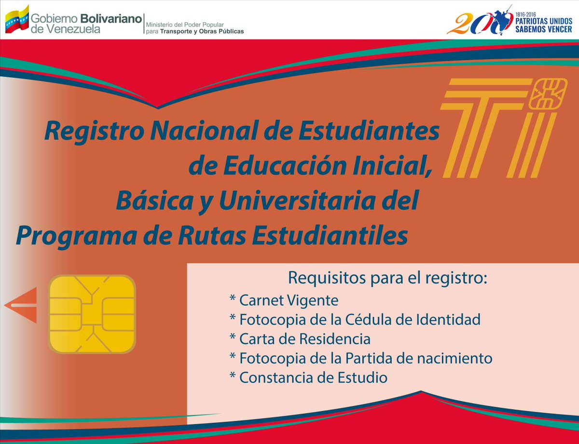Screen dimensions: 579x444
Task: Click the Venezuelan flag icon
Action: pyautogui.click(x=17, y=20)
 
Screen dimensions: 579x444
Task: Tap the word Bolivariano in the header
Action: pyautogui.click(x=111, y=19)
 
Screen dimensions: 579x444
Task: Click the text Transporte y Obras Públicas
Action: pyautogui.click(x=202, y=31)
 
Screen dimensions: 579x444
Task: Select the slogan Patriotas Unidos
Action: pyautogui.click(x=544, y=21)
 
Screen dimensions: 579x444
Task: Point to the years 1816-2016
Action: pyautogui.click(x=525, y=14)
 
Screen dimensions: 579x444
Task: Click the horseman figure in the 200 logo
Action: pyautogui.click(x=502, y=19)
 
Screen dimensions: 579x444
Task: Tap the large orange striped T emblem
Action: pyautogui.click(x=484, y=128)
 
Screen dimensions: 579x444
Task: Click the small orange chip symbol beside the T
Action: pyautogui.click(x=548, y=94)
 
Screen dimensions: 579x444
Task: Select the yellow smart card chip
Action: pyautogui.click(x=92, y=314)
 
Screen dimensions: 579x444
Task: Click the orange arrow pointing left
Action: pyautogui.click(x=21, y=305)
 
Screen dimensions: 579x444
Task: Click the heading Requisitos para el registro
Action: pyautogui.click(x=387, y=278)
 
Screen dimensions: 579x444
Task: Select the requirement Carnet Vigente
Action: pyautogui.click(x=289, y=300)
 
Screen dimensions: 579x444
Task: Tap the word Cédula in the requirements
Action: pyautogui.click(x=369, y=320)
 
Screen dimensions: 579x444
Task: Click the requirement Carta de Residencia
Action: pyautogui.click(x=305, y=339)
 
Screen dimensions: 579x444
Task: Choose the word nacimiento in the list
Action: pyautogui.click(x=455, y=358)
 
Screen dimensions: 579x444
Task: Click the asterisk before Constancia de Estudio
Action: pyautogui.click(x=233, y=376)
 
